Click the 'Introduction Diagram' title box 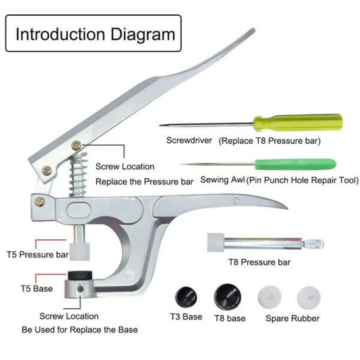pos(93,34)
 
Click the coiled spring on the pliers pos(80,174)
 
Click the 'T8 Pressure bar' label pos(259,262)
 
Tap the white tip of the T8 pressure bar pos(216,242)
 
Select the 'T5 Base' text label pos(36,288)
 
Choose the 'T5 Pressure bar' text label pos(37,254)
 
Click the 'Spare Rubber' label pos(292,318)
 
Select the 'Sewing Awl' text pos(223,180)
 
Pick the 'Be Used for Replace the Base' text pos(80,329)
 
